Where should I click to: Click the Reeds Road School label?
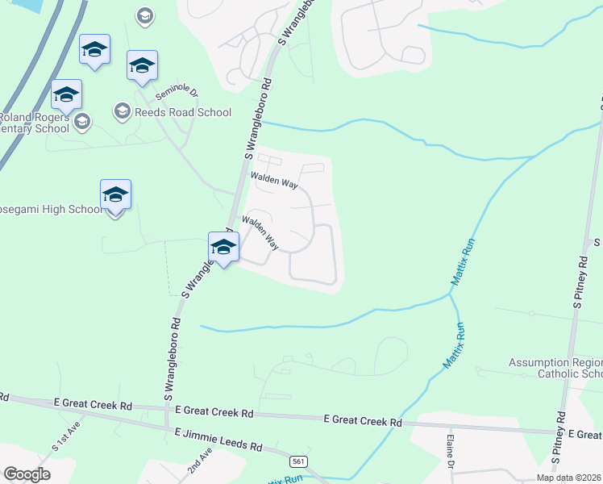[x=183, y=112]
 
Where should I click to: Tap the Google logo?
[x=27, y=474]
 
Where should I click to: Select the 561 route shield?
[x=299, y=461]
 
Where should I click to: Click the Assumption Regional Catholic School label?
[x=555, y=368]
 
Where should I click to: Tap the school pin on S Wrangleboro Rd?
[x=223, y=247]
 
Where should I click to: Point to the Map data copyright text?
[x=568, y=478]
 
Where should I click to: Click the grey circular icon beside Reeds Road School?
[x=123, y=111]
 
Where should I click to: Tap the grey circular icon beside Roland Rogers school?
[x=81, y=122]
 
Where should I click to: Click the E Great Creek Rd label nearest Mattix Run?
[x=362, y=421]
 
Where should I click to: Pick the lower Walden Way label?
[x=260, y=232]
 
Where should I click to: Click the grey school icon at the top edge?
[x=144, y=15]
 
